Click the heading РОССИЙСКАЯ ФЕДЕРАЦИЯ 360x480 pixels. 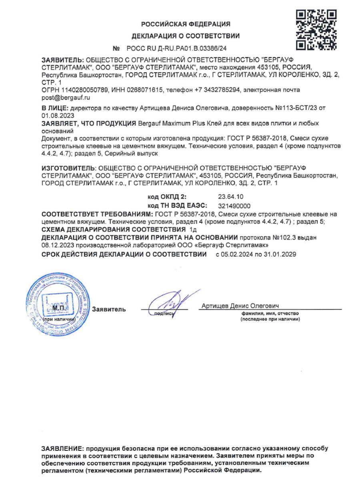pos(186,24)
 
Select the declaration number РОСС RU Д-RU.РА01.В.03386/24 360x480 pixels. pos(176,49)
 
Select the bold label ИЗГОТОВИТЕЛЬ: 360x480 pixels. pos(69,166)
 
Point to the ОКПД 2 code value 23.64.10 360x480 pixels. pos(231,197)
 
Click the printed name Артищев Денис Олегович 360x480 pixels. pos(240,305)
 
